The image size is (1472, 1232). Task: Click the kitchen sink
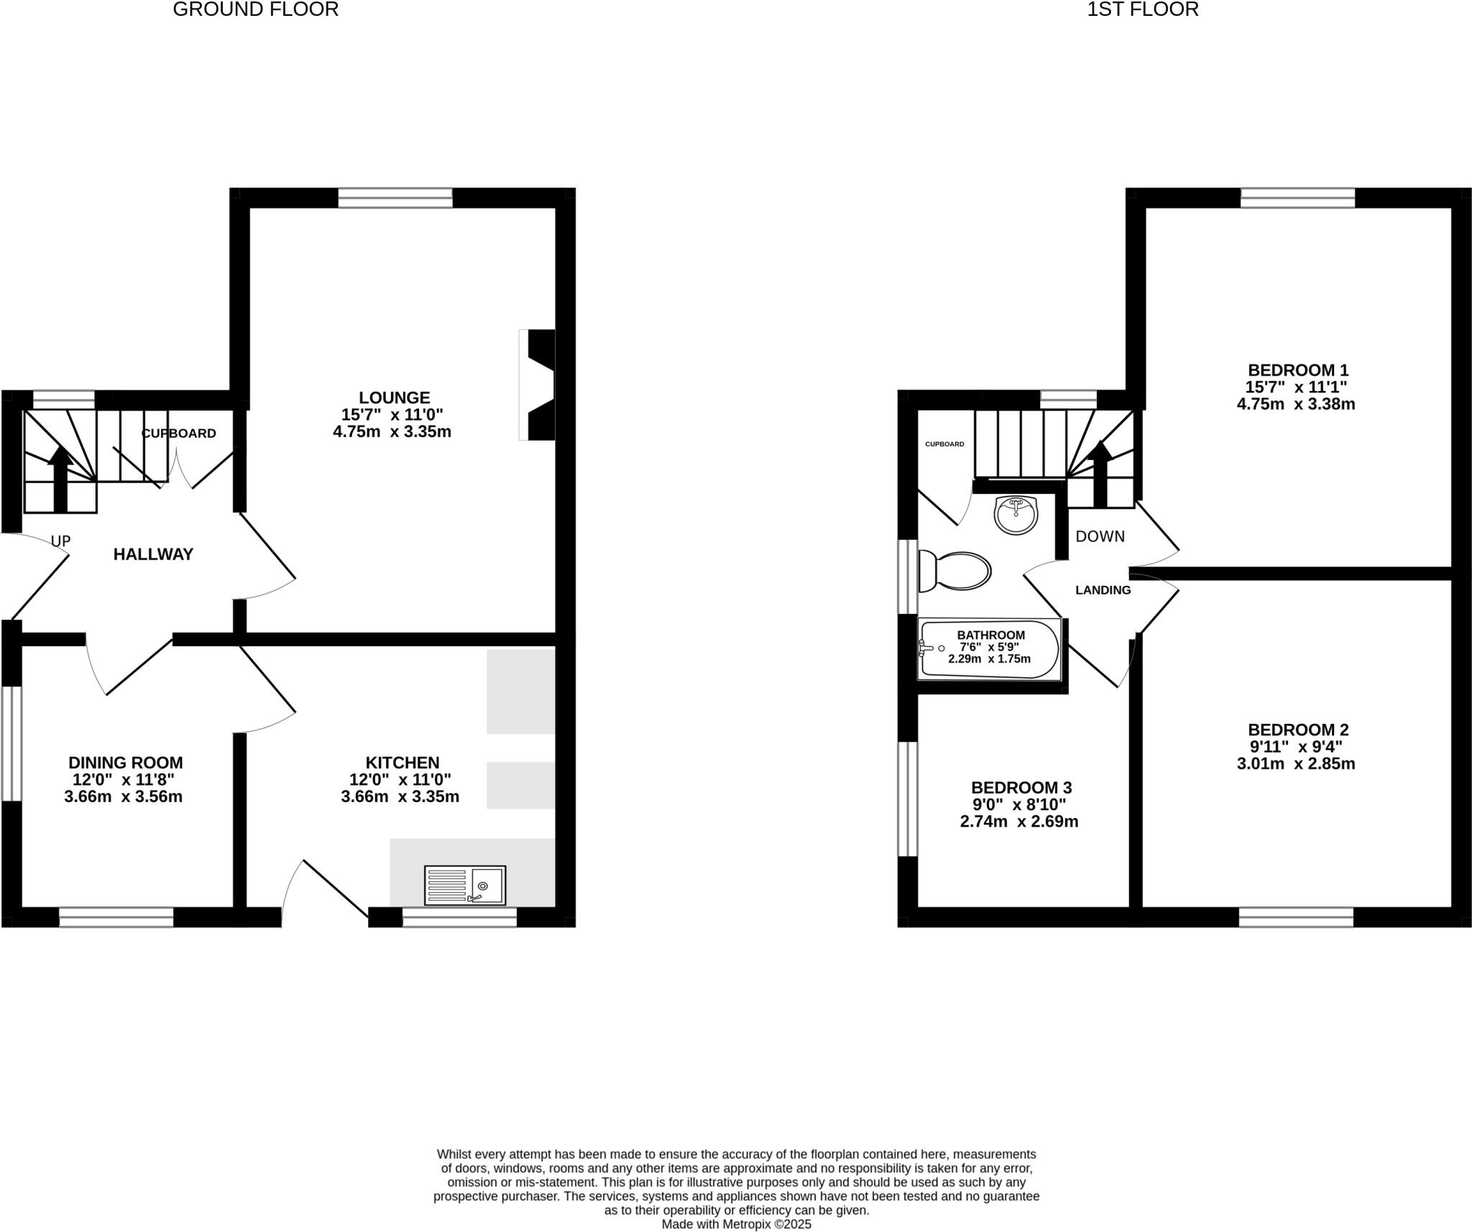(x=465, y=884)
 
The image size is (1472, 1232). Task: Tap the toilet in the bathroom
(x=955, y=572)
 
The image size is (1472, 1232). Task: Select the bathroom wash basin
(x=1016, y=515)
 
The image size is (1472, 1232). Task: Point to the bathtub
(x=990, y=649)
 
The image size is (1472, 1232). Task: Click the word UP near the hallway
(x=61, y=541)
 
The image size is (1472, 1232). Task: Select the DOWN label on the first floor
(x=1100, y=536)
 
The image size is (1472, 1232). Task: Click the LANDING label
(x=1103, y=590)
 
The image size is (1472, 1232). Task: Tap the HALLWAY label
(x=153, y=554)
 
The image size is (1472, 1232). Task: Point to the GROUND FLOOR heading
(x=255, y=9)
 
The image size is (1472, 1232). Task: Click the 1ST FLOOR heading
(x=1142, y=9)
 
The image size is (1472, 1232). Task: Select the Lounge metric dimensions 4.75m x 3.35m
(x=392, y=432)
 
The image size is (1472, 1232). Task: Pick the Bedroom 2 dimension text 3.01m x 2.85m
(x=1295, y=763)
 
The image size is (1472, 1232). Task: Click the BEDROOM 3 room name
(x=1021, y=788)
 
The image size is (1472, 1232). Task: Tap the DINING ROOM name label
(x=125, y=763)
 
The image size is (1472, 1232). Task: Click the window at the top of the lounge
(x=395, y=198)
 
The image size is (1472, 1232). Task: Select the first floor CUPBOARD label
(x=944, y=444)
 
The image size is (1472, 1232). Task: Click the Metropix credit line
(x=736, y=1224)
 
